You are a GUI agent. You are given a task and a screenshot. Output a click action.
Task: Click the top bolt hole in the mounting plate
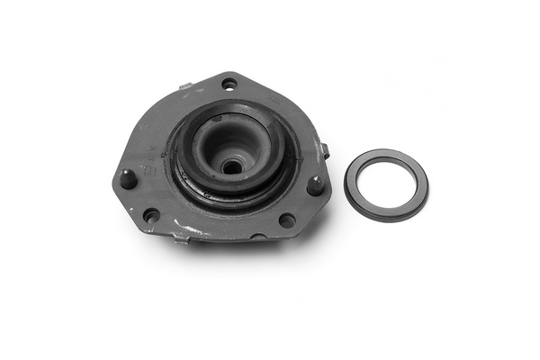[x=229, y=84]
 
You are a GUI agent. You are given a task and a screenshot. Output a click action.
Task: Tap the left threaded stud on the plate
[x=129, y=177]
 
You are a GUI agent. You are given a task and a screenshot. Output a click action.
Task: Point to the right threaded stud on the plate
[x=316, y=184]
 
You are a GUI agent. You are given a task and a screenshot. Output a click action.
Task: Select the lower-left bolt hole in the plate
[x=151, y=215]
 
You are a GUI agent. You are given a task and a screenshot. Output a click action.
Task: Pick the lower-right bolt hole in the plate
[x=286, y=220]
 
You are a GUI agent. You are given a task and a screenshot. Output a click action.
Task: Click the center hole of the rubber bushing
[x=231, y=166]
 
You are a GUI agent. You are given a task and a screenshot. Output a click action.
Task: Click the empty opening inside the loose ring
[x=386, y=184]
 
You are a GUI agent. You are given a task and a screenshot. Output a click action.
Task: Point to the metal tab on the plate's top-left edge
[x=185, y=87]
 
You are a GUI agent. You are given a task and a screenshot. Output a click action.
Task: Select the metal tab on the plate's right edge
[x=325, y=150]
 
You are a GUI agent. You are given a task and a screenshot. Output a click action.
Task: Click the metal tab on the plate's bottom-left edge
[x=182, y=239]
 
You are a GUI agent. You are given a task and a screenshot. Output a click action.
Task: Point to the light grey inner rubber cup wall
[x=216, y=144]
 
